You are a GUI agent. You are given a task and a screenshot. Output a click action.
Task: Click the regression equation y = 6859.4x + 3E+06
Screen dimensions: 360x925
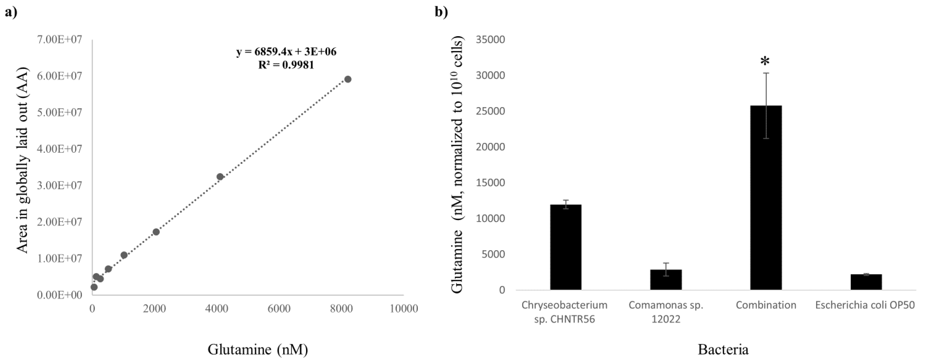click(286, 52)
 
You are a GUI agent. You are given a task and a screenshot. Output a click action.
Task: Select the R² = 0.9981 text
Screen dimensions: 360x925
click(286, 65)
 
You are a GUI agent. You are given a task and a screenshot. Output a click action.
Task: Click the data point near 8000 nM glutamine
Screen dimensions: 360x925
click(348, 79)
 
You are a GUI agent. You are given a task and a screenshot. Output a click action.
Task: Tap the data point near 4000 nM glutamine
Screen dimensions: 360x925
click(220, 177)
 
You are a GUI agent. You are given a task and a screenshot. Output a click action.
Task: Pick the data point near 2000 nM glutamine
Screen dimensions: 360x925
click(156, 232)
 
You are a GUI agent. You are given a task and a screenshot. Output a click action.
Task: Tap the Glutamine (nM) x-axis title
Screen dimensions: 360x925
click(258, 349)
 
